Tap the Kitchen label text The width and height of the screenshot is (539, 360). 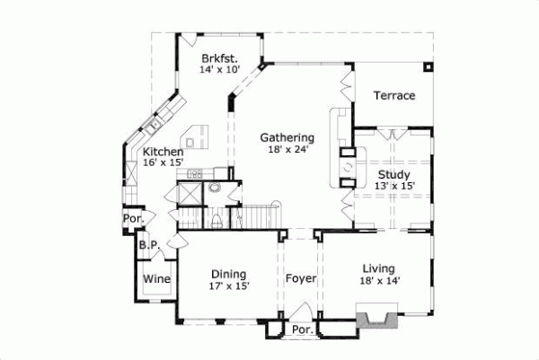click(x=163, y=153)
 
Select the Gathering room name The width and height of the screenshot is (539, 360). click(x=287, y=137)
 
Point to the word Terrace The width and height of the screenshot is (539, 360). click(x=394, y=95)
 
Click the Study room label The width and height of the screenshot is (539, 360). click(x=394, y=174)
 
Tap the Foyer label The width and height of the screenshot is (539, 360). click(x=301, y=278)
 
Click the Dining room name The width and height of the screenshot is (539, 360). click(x=229, y=274)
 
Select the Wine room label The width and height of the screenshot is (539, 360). click(x=157, y=279)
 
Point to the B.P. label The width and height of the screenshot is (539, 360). click(x=148, y=243)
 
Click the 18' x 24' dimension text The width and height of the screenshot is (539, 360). click(x=287, y=150)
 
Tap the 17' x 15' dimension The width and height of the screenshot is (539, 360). click(x=230, y=286)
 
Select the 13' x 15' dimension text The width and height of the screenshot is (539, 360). click(x=394, y=186)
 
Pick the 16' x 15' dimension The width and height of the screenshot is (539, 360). click(x=163, y=163)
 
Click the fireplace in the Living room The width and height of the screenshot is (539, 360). click(x=376, y=317)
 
